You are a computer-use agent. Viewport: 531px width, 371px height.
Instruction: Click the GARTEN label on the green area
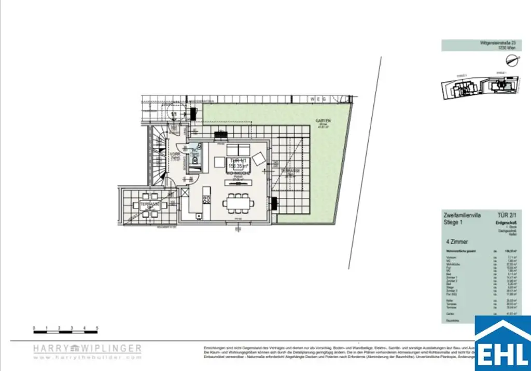pos(323,121)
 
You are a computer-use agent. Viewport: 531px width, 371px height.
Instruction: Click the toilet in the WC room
pos(195,160)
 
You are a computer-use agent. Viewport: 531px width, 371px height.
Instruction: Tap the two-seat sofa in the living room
pos(239,149)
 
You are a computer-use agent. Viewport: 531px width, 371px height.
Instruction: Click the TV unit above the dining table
pos(239,182)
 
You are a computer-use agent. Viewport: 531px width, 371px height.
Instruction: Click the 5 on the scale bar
pos(97,328)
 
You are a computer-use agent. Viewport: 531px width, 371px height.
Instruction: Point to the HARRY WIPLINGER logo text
pos(87,349)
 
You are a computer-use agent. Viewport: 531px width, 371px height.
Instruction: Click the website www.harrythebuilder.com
pos(87,357)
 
